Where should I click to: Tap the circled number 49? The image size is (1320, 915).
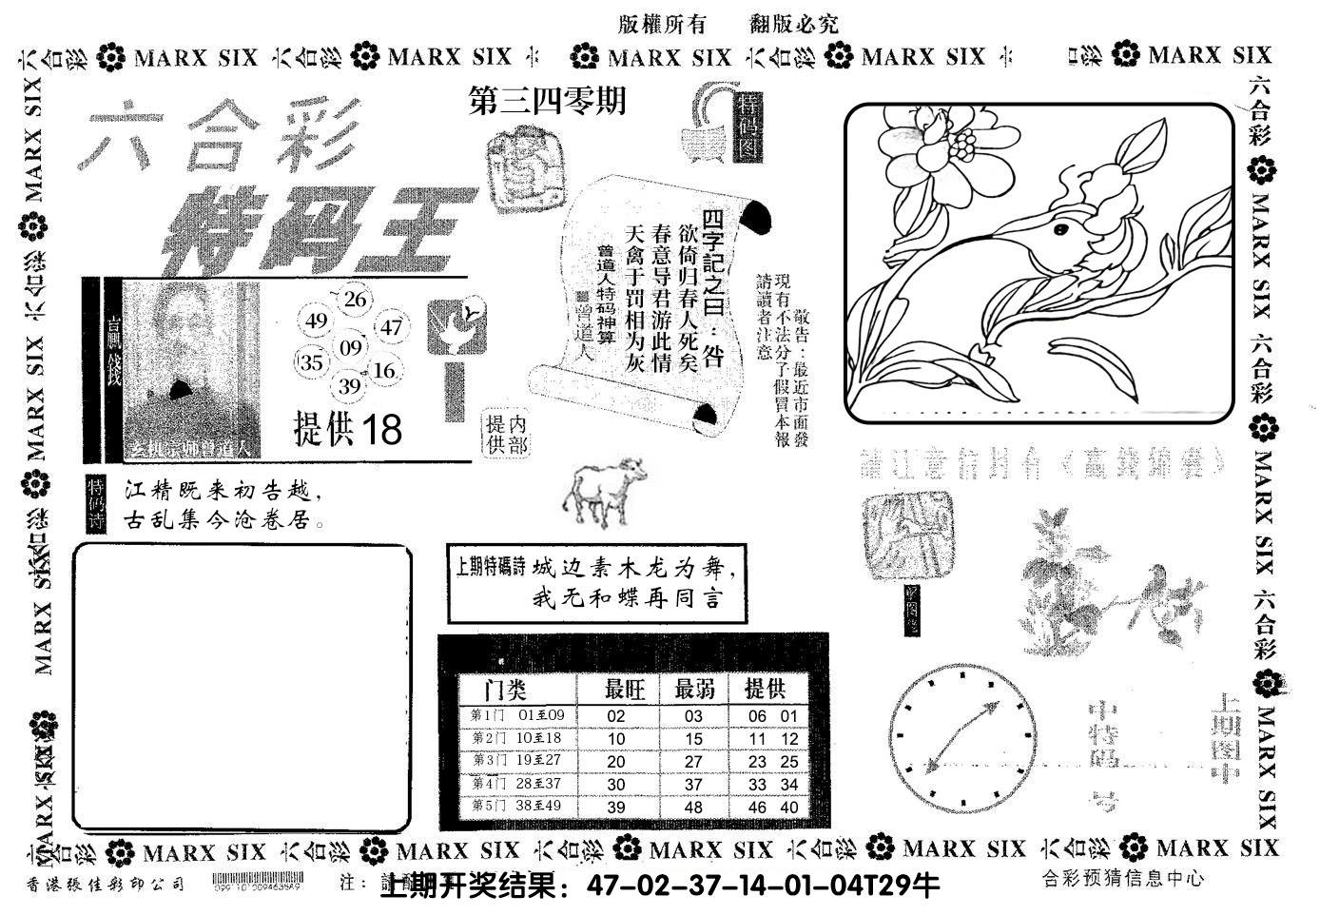point(318,321)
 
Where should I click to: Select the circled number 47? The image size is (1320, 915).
point(391,328)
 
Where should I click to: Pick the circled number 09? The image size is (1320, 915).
point(351,348)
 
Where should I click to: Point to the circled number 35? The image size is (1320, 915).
point(312,362)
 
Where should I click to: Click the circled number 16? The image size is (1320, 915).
point(384,371)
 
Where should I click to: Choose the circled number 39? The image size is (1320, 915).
point(350,385)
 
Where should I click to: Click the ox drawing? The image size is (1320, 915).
point(602,491)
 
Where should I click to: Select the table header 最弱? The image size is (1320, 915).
point(694,690)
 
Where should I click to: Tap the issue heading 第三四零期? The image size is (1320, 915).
point(548,101)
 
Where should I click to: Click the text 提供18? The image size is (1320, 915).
point(348,430)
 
